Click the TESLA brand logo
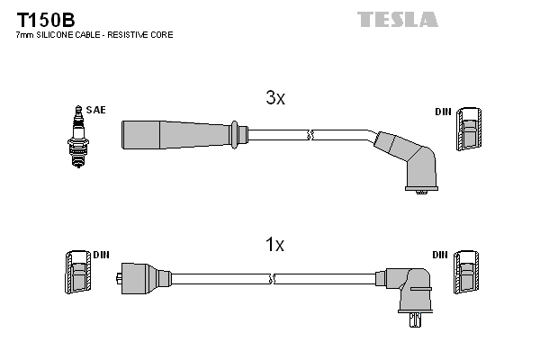[x=397, y=19]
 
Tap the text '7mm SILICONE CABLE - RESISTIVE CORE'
[x=94, y=34]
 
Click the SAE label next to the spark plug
[x=97, y=110]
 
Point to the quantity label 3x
[x=274, y=99]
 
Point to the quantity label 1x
[x=274, y=245]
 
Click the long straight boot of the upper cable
[x=175, y=135]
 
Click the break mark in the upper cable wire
[x=310, y=135]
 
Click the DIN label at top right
[x=442, y=111]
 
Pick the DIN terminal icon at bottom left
[x=76, y=273]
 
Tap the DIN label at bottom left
[x=101, y=255]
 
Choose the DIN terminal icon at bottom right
[x=467, y=273]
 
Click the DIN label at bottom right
[x=440, y=255]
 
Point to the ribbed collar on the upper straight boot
[x=237, y=135]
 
